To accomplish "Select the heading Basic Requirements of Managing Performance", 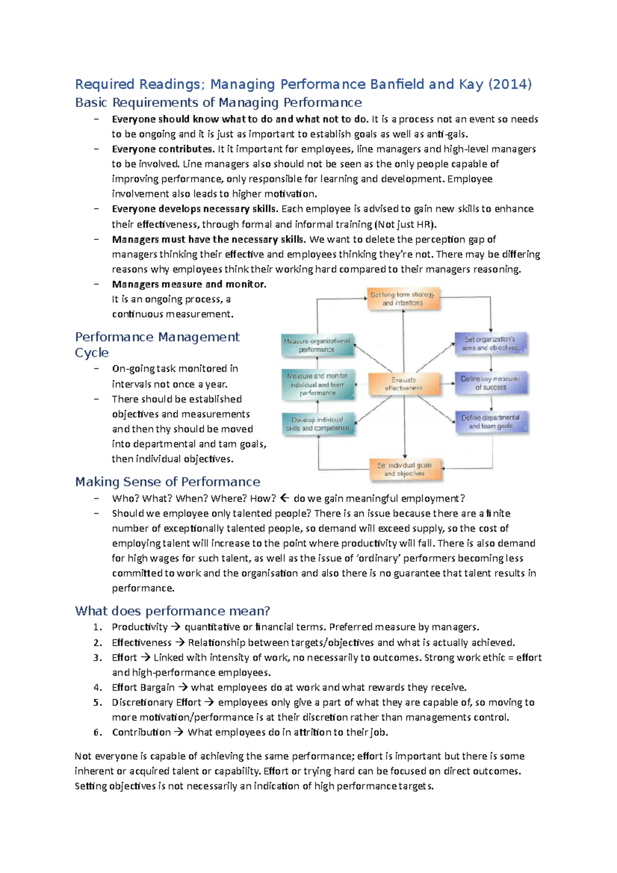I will (218, 103).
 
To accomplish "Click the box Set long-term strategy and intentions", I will (403, 299).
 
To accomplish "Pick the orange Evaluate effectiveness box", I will (404, 384).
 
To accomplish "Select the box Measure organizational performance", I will (317, 345).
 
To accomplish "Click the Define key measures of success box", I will (491, 383).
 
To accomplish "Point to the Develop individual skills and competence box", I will (318, 424).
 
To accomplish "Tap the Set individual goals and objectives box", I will (405, 469).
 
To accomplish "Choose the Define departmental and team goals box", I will (491, 422).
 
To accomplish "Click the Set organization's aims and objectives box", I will (491, 343).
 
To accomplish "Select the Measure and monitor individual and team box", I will (317, 385).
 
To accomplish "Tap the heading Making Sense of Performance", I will (168, 482).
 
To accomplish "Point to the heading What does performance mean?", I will (172, 611).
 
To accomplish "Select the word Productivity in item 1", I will (140, 627).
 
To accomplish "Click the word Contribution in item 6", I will (141, 732).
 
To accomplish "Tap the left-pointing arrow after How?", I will (285, 498).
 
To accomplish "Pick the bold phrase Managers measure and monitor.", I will (189, 284).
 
